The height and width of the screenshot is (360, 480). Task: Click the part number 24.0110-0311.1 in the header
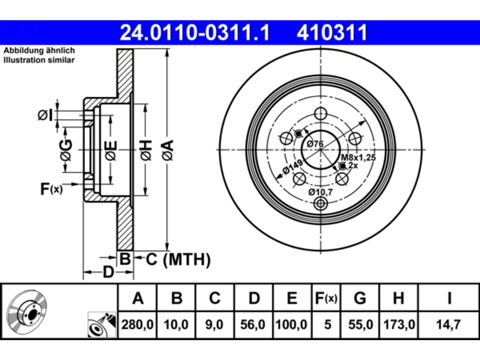point(195,33)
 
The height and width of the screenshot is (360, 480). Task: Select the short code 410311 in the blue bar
point(332,33)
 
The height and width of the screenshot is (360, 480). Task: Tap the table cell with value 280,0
point(137,324)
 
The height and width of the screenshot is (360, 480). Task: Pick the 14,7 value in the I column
point(448,324)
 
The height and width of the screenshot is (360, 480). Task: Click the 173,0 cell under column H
point(399,324)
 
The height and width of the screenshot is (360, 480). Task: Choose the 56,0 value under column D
point(253,324)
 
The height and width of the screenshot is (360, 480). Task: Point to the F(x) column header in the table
point(326,298)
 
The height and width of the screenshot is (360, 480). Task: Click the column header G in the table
point(360,298)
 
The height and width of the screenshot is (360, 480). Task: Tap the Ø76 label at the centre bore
point(315,144)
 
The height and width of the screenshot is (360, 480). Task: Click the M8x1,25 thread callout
point(358,157)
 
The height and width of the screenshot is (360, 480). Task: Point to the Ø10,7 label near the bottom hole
point(320,192)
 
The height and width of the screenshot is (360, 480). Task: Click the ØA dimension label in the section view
point(168,150)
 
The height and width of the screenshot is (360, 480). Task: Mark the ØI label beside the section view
point(45,115)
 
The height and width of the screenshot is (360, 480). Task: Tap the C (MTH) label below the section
point(178,259)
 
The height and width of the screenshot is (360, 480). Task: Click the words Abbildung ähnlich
point(39,51)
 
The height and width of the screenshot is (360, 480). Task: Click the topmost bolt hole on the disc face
point(321,114)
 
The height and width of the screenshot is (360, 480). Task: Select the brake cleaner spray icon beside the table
point(102,325)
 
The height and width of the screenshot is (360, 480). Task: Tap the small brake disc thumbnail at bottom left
point(27,312)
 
